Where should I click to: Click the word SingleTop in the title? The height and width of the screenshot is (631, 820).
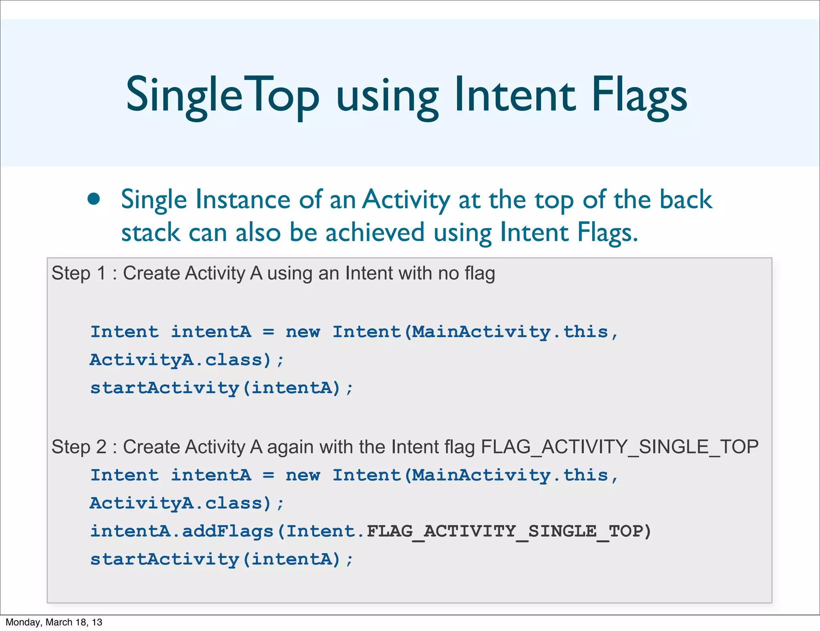click(x=223, y=95)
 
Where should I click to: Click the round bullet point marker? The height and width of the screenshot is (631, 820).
click(x=94, y=199)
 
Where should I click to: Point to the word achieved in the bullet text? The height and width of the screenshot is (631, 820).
click(x=375, y=233)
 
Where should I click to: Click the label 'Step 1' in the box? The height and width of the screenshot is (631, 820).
click(x=79, y=273)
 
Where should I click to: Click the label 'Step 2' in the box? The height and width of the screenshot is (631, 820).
click(x=79, y=447)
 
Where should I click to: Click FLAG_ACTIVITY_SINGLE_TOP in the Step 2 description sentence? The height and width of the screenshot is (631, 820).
click(x=619, y=447)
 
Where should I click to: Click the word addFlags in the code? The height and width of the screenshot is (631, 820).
click(x=227, y=531)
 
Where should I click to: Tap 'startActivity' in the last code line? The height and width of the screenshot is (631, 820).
click(x=164, y=559)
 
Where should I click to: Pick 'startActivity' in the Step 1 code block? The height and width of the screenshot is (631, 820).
click(x=164, y=388)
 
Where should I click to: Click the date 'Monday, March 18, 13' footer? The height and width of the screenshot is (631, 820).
click(x=54, y=622)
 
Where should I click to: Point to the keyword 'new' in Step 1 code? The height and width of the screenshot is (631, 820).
click(x=303, y=332)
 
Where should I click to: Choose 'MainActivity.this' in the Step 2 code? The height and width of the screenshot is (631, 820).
click(x=510, y=475)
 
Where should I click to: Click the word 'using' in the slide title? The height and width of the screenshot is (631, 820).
click(x=387, y=95)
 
